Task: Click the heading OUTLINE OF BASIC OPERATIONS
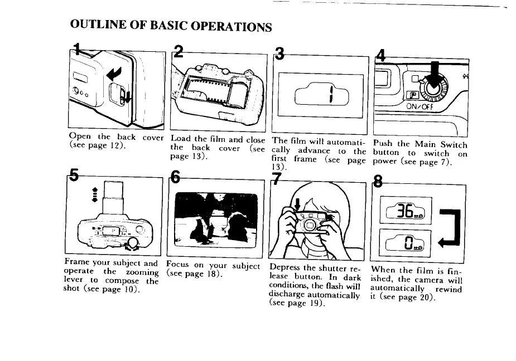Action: coord(172,26)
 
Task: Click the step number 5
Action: coord(74,179)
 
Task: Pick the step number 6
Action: coord(175,179)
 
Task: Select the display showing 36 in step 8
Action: coord(406,211)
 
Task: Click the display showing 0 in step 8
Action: coord(406,240)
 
